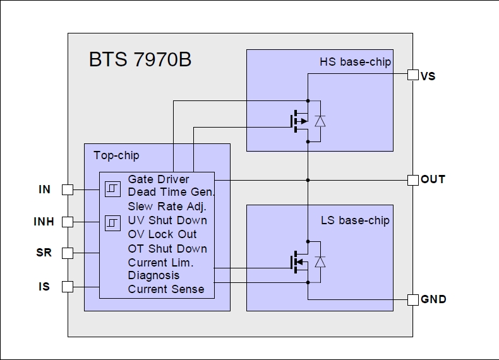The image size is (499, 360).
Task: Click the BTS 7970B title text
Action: coord(140,61)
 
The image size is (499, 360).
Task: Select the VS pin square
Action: coord(412,75)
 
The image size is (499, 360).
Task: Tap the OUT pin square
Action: coord(412,180)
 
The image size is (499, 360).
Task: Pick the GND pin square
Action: coord(412,299)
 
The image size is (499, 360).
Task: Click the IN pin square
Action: coord(67,189)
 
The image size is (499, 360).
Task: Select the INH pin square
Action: coord(67,222)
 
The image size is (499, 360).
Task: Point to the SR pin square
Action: coord(67,253)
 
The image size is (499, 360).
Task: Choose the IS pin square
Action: coord(67,287)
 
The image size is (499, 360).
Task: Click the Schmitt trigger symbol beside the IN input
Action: coord(112,188)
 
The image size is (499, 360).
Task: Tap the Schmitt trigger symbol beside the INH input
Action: coord(112,223)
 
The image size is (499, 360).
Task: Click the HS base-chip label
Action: coord(355,62)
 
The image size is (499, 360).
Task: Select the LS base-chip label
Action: coord(355,220)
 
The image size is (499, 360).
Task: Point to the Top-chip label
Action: coord(116,155)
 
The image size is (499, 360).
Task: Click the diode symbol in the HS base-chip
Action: coord(320,121)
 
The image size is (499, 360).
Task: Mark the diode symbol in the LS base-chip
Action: coord(320,261)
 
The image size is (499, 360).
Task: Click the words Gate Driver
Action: coord(159,179)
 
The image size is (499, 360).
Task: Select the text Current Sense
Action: coord(166,289)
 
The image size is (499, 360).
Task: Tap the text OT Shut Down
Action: coord(167,248)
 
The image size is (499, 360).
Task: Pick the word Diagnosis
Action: coord(153,275)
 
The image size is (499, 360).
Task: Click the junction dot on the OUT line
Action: coord(308,180)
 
